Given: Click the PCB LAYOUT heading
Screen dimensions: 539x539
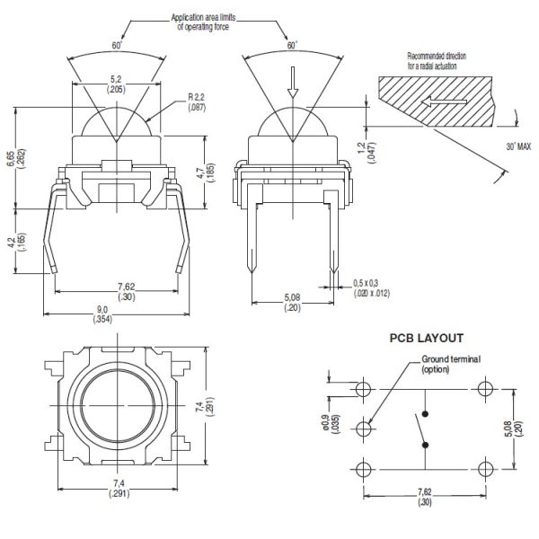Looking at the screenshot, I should [x=426, y=339].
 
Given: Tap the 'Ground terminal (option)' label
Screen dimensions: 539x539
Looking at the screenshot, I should [x=451, y=364].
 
